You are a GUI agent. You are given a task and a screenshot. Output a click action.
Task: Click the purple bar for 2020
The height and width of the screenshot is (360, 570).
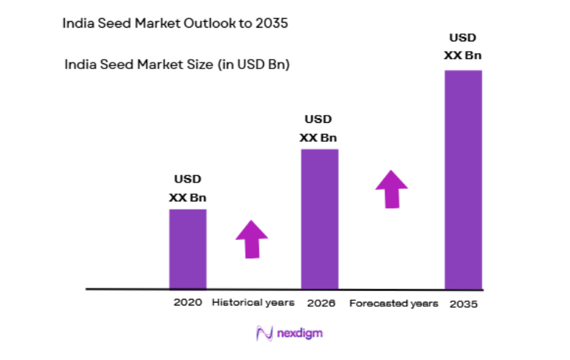[x=188, y=249]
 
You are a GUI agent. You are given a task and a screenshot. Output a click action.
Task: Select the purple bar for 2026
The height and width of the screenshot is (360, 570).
[x=320, y=219]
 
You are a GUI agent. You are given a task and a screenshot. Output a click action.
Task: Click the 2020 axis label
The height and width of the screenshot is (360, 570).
[x=188, y=302]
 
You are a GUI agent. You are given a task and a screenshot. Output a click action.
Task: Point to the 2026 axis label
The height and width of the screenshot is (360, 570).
[x=321, y=302]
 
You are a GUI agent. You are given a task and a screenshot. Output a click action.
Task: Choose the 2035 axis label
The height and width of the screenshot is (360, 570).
[x=464, y=303]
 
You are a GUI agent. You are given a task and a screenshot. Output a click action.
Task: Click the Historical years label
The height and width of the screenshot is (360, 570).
[x=253, y=302]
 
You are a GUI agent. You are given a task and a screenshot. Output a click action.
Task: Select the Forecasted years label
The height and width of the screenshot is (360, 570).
[x=393, y=303]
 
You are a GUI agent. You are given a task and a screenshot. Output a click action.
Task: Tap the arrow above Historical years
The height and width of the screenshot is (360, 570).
[x=252, y=239]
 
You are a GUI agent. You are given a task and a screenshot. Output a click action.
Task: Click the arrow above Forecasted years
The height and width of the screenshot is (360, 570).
[x=392, y=189]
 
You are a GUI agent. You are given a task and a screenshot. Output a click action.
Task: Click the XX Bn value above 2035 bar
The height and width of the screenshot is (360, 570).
[x=463, y=55]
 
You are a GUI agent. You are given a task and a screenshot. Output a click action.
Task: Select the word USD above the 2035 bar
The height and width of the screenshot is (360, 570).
[x=463, y=38]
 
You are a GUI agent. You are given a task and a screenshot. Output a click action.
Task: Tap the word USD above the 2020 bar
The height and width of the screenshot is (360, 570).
[x=188, y=179]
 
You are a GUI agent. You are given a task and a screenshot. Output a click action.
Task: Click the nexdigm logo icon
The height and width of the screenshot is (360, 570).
[x=263, y=334]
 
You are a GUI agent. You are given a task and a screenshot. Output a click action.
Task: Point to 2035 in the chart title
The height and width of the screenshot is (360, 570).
[x=270, y=23]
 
